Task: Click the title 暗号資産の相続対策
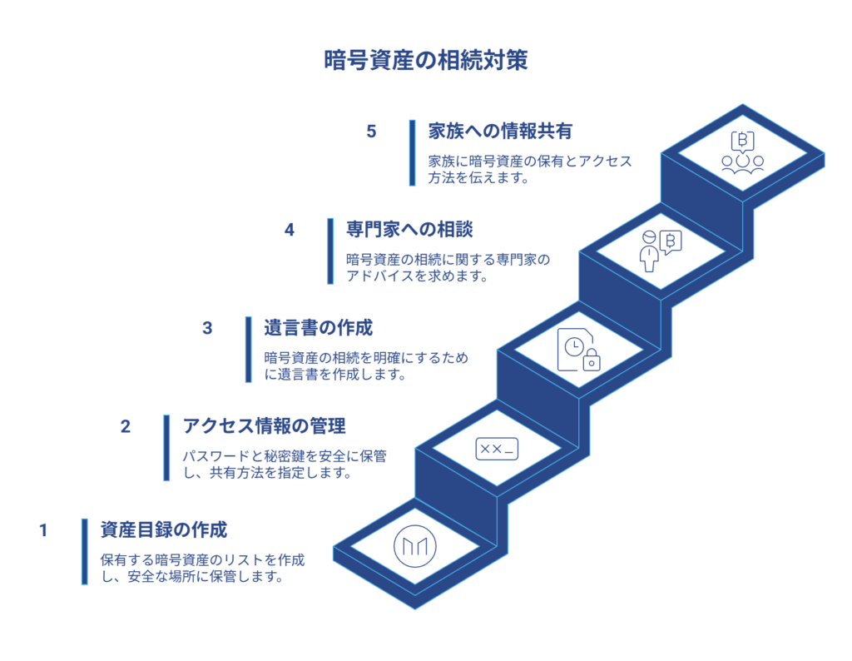(425, 61)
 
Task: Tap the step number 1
(44, 529)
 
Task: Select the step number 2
(126, 426)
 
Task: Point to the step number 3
(207, 327)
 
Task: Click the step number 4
(290, 230)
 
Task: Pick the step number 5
(371, 132)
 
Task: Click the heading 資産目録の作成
(164, 529)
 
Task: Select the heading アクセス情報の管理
(264, 426)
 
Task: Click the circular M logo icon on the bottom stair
(414, 546)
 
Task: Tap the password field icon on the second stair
(497, 449)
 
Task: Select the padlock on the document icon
(592, 360)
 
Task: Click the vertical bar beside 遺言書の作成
(248, 350)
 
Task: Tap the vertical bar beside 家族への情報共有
(412, 153)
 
